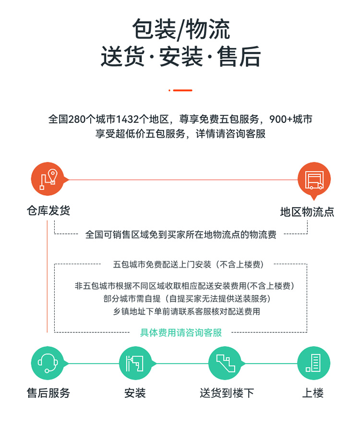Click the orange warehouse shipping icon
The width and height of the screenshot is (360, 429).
coord(48,179)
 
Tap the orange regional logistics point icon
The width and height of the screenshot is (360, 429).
coord(314,180)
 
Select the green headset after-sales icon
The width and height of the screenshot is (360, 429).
coord(48,363)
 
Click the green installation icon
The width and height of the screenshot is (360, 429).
coord(135,363)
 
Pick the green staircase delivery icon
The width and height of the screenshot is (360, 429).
coord(225,363)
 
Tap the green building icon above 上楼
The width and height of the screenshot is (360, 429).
coord(313,363)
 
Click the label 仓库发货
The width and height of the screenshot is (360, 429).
coord(48,211)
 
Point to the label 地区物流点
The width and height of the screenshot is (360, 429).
coord(307,212)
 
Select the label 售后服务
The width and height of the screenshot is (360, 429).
coord(48,393)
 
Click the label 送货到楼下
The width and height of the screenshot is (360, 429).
coord(227,393)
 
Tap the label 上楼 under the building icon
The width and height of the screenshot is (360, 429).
coord(313,393)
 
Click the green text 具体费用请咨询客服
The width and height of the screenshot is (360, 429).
coord(180,333)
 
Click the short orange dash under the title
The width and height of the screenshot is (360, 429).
coord(180,90)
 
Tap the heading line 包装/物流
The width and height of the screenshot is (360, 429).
coord(180,29)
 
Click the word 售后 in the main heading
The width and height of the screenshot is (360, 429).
coord(239,57)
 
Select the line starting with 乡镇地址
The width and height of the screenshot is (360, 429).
coord(186,311)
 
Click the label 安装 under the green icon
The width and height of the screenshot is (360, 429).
coord(135,393)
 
